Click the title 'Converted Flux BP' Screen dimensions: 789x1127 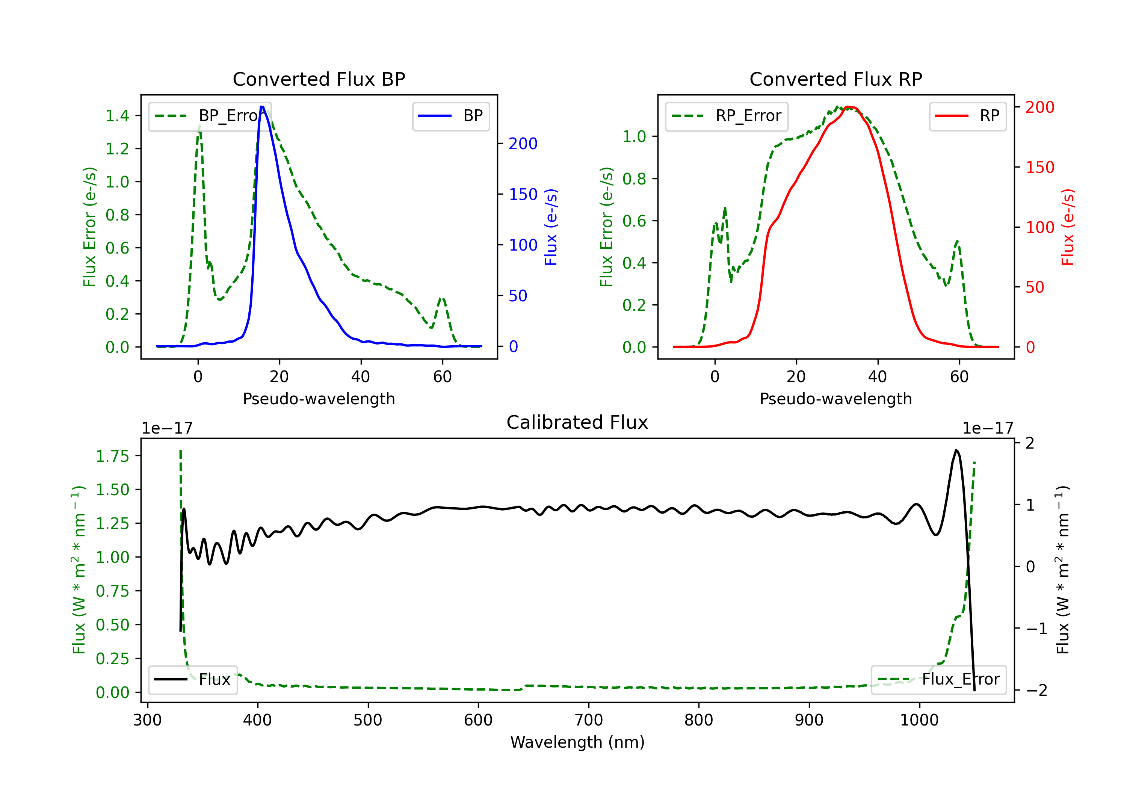point(319,79)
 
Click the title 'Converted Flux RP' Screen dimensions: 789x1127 point(835,79)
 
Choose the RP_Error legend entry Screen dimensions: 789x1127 point(727,116)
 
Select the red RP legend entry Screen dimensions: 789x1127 point(967,116)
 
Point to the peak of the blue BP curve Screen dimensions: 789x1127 point(262,107)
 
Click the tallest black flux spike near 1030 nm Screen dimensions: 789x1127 point(956,450)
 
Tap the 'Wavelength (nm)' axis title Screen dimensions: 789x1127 point(577,742)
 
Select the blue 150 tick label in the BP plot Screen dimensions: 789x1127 point(523,194)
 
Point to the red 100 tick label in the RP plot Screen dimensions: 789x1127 point(1039,227)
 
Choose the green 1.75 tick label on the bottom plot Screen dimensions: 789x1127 point(112,456)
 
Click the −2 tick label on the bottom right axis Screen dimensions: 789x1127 point(1037,690)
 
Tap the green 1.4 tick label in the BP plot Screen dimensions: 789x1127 point(117,116)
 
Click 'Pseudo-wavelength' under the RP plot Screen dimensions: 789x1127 point(835,399)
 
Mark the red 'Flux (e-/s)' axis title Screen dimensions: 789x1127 point(1067,227)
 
